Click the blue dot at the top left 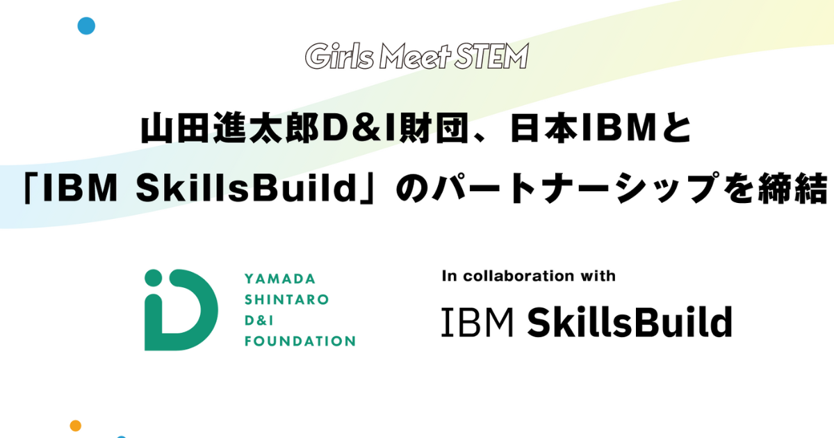point(86,26)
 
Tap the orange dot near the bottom point(76,425)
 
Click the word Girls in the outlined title point(339,56)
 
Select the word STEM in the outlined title point(491,56)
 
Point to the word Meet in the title point(415,56)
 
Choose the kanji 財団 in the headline point(434,129)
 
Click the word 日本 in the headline point(544,129)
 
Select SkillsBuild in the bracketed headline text point(247,188)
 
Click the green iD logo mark point(181,310)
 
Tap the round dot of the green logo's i point(154,278)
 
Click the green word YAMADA point(280,279)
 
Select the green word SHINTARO point(286,300)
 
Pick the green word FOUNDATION point(300,341)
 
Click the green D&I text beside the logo point(259,321)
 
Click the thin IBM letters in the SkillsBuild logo point(477,322)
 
